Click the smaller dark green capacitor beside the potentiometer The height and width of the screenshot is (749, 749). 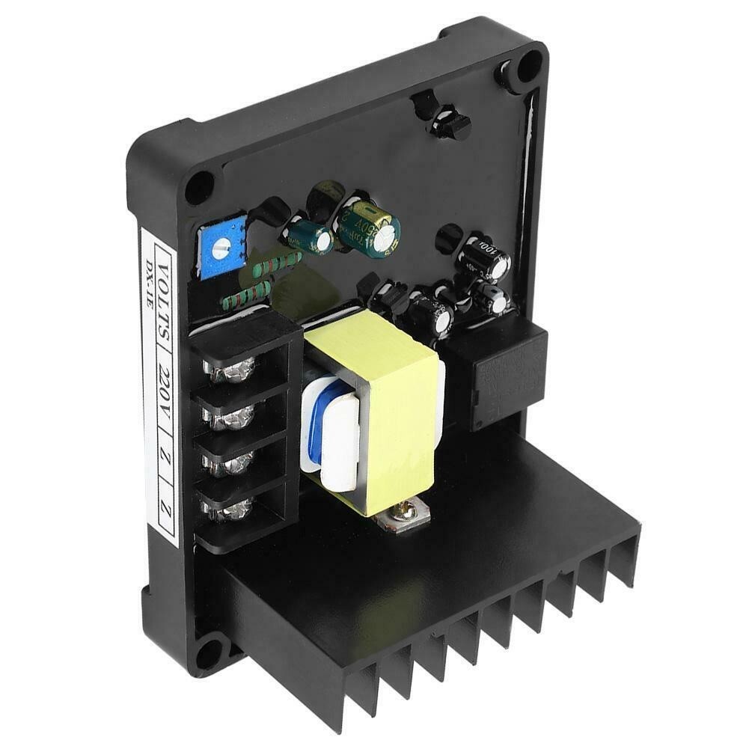tap(311, 236)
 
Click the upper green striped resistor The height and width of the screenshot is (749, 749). tap(278, 266)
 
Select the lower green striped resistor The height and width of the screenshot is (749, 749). tap(247, 296)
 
